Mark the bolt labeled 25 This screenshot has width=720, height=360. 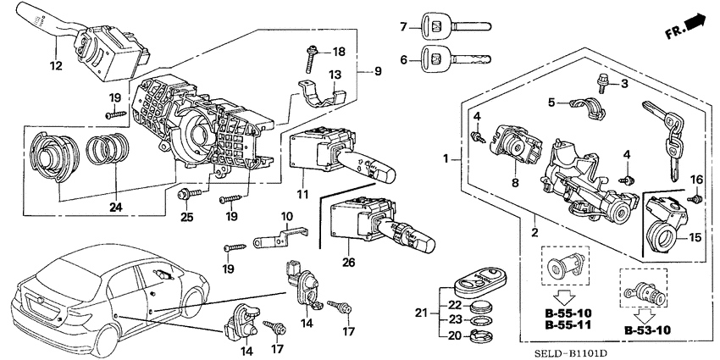click(182, 194)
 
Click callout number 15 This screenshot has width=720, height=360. click(695, 239)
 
